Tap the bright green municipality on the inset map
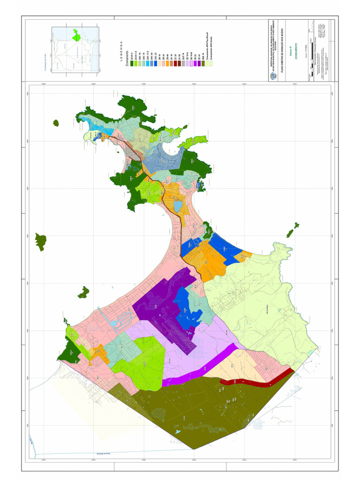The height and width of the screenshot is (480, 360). coord(76,35)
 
